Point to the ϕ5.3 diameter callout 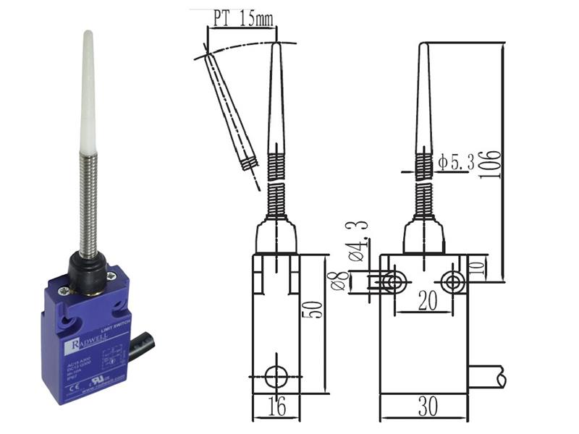click(x=456, y=163)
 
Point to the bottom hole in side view click(x=275, y=376)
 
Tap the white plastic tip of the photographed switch click(x=88, y=87)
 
